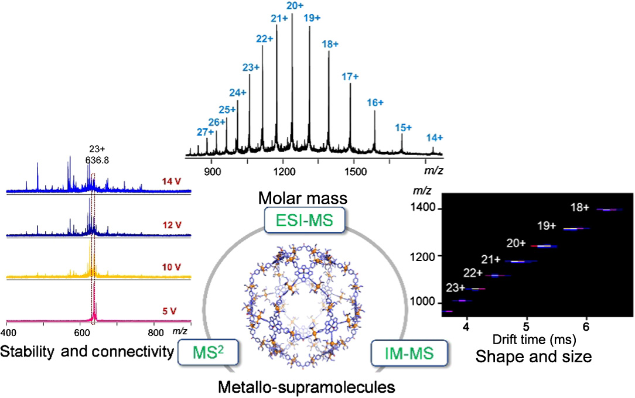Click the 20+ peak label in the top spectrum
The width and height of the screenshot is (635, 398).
coord(295,5)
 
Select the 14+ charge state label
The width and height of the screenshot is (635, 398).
coord(434,138)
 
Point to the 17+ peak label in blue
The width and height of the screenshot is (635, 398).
coord(350,77)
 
